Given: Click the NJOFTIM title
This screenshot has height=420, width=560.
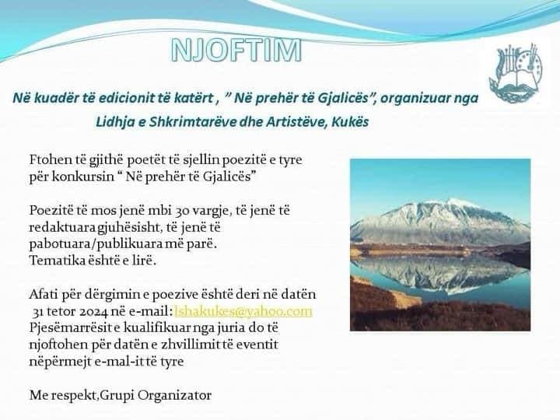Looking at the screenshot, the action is pos(236,50).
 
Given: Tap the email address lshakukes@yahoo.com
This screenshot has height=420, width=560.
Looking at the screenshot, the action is pos(243,311).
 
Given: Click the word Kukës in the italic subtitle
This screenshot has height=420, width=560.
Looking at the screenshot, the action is pos(350,122).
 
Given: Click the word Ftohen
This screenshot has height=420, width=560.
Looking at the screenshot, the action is pos(51,159).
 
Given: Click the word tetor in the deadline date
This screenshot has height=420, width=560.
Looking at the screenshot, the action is pos(61,312).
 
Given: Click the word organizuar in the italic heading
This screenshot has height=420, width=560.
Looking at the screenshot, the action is pos(415,98).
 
